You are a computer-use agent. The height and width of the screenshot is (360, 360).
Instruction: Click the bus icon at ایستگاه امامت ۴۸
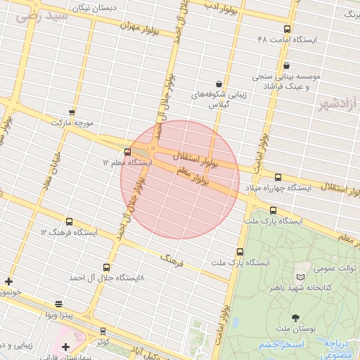pos(287,29)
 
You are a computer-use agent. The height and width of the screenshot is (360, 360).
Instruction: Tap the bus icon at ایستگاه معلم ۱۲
pos(127,152)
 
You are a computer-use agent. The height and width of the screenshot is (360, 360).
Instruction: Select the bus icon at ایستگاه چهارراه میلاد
pos(278,177)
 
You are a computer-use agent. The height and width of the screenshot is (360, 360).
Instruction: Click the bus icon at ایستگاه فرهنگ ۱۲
pos(69,221)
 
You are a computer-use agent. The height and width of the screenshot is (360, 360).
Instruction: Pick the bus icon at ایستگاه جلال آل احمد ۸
pos(106,267)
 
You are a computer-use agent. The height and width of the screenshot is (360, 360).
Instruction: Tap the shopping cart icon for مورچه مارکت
pos(72,112)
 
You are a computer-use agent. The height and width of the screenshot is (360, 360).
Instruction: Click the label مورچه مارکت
pos(72,122)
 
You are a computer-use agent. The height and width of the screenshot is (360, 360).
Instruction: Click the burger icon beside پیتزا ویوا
pos(58,304)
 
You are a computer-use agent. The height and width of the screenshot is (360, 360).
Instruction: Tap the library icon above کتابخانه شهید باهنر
pos(301,277)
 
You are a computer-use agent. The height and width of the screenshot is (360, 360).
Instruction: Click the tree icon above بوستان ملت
pos(295,318)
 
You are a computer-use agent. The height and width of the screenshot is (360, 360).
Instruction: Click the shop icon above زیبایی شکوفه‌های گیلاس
pos(219,83)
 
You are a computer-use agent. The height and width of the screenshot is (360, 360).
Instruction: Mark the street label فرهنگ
pos(172,260)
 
